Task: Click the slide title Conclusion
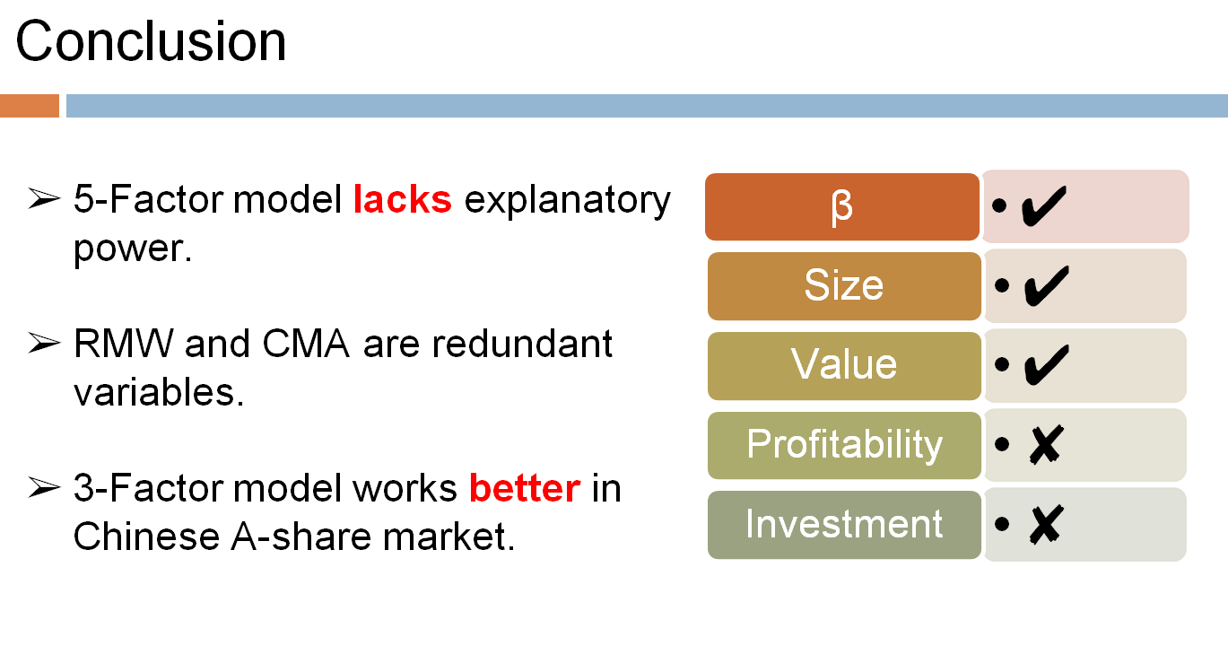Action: (151, 41)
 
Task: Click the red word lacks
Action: (402, 199)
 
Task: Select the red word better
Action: (525, 489)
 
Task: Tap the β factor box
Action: (841, 207)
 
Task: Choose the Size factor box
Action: (843, 286)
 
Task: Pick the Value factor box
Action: (843, 365)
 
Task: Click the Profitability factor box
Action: (843, 444)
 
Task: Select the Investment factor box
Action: (843, 524)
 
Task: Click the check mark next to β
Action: (1043, 207)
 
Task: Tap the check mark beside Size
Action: (1043, 286)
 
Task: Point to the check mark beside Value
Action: (1043, 365)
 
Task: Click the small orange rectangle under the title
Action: (30, 106)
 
